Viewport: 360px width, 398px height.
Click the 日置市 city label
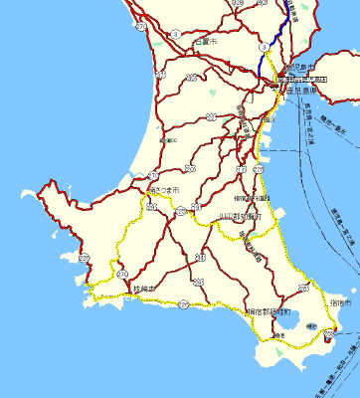(x=206, y=41)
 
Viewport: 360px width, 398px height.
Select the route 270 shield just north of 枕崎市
(x=122, y=273)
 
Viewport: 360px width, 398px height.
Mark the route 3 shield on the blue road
(x=264, y=47)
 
